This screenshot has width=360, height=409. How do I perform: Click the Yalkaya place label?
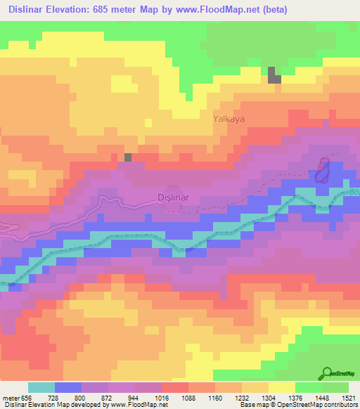pos(229,119)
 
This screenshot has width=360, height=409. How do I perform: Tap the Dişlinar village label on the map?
pos(172,197)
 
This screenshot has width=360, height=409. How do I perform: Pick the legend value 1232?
pos(252,398)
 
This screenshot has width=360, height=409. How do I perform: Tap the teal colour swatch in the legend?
pos(41,387)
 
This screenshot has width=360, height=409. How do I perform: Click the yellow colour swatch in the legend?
pos(282,387)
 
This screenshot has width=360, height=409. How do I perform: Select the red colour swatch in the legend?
pos(175,387)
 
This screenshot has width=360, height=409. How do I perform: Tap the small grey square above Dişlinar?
pos(128,157)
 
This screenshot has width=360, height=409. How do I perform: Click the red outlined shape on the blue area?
pos(323,170)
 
